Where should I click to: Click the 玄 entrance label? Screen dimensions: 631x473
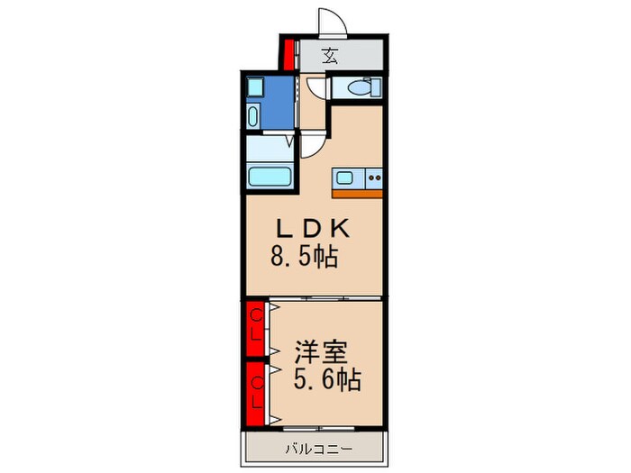pos(330,56)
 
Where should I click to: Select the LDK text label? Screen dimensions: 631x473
pos(313,229)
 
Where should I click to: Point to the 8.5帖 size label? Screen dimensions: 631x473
pos(305,256)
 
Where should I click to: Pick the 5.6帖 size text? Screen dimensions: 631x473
pos(327,379)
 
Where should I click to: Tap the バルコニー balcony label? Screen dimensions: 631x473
pos(319,449)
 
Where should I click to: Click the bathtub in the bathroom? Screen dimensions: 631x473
pos(270,177)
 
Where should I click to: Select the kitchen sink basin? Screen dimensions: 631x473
pos(344,177)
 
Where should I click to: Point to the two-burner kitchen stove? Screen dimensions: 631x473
pos(374,177)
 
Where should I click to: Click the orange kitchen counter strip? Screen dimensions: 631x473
pos(357,194)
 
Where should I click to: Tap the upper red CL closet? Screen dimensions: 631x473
pos(255,329)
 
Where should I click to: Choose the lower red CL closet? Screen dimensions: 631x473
pos(255,394)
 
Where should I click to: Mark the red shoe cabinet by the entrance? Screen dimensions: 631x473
pos(288,55)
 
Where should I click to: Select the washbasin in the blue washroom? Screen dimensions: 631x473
pos(253,116)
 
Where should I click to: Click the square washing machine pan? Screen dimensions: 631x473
pos(255,86)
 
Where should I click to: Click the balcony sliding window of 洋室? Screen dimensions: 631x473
pos(319,429)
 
